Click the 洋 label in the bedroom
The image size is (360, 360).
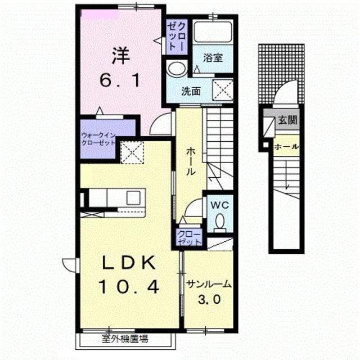coord(121,56)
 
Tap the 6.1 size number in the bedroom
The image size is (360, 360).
coord(120,80)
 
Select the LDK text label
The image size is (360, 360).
coord(129,263)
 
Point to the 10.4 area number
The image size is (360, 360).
coord(129,287)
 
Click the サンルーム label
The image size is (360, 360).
coord(208,285)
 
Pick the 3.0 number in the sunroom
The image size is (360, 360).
coord(209,299)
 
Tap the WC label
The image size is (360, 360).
coord(220,205)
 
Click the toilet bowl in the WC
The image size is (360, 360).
coord(220,222)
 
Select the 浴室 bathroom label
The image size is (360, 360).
coord(213,57)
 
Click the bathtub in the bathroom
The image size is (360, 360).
coord(213,31)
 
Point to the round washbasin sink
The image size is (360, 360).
coord(177,68)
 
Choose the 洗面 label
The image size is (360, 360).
coord(191,92)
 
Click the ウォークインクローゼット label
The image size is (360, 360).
coord(98,139)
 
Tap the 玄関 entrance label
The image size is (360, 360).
coord(287,120)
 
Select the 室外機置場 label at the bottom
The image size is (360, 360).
coord(125,339)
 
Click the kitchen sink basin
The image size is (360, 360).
coord(134,197)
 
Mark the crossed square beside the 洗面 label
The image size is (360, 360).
coord(223,90)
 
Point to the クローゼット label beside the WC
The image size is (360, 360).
coord(189,238)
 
